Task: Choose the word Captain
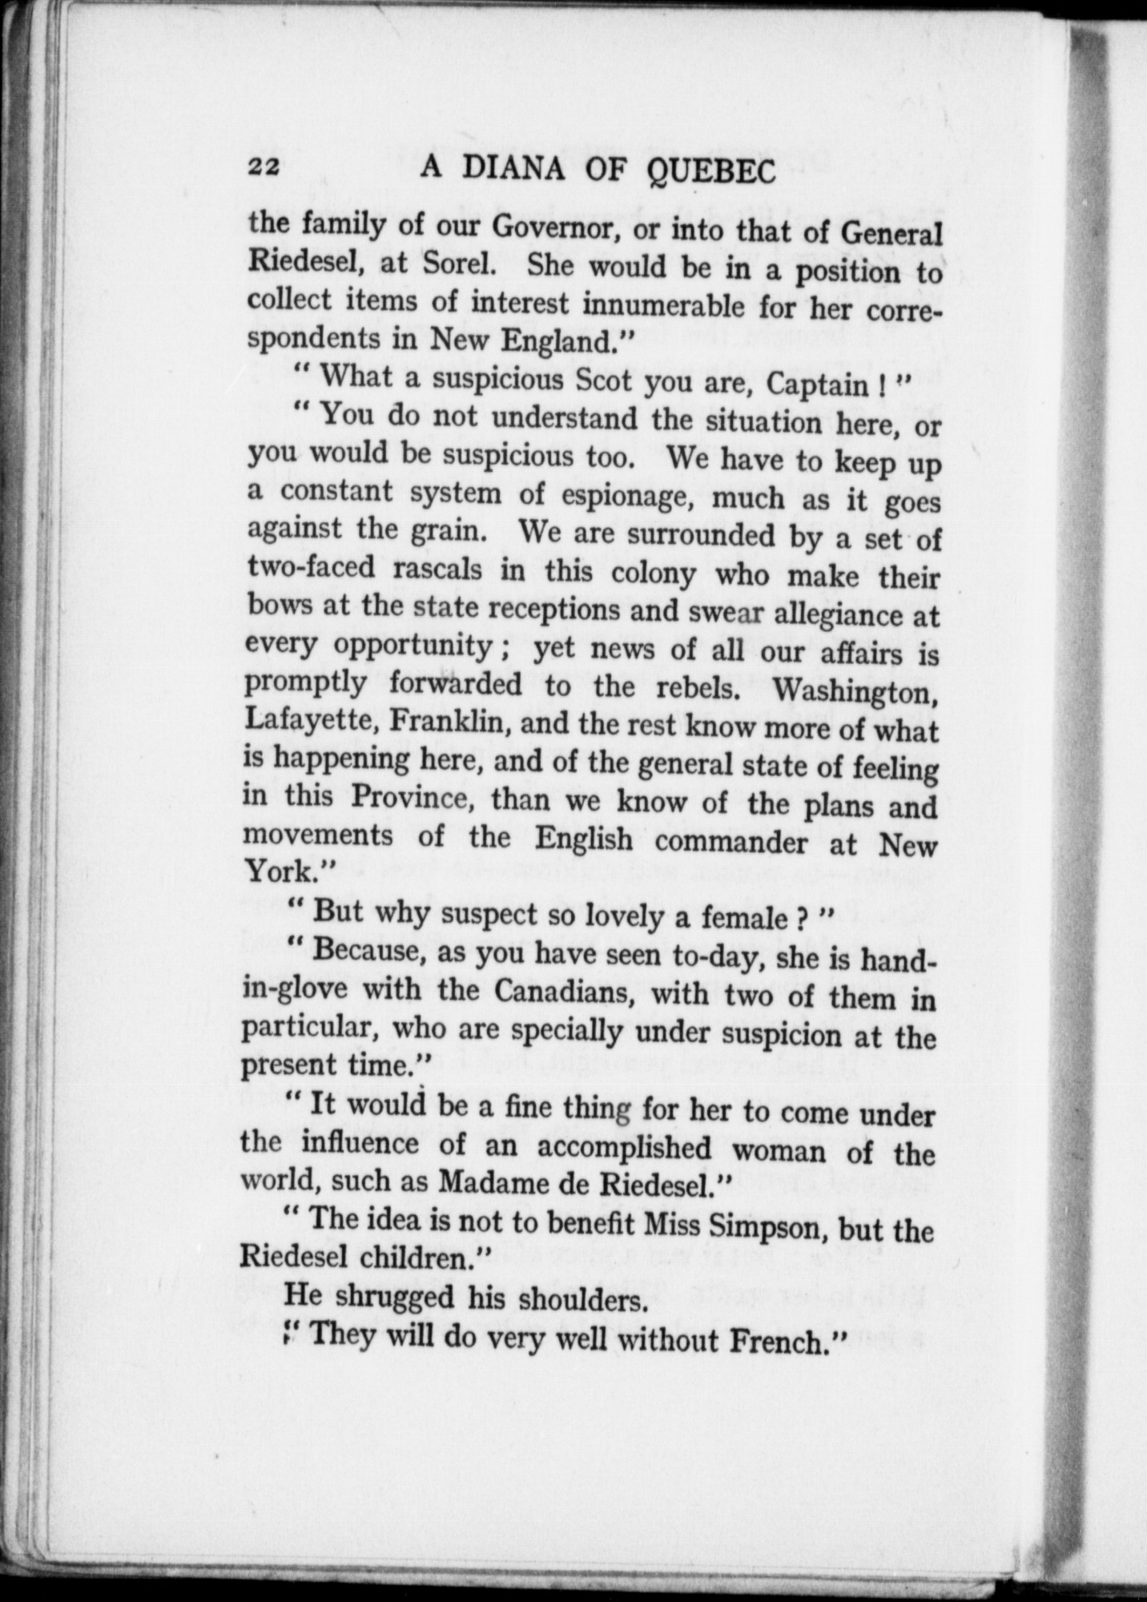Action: (819, 384)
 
